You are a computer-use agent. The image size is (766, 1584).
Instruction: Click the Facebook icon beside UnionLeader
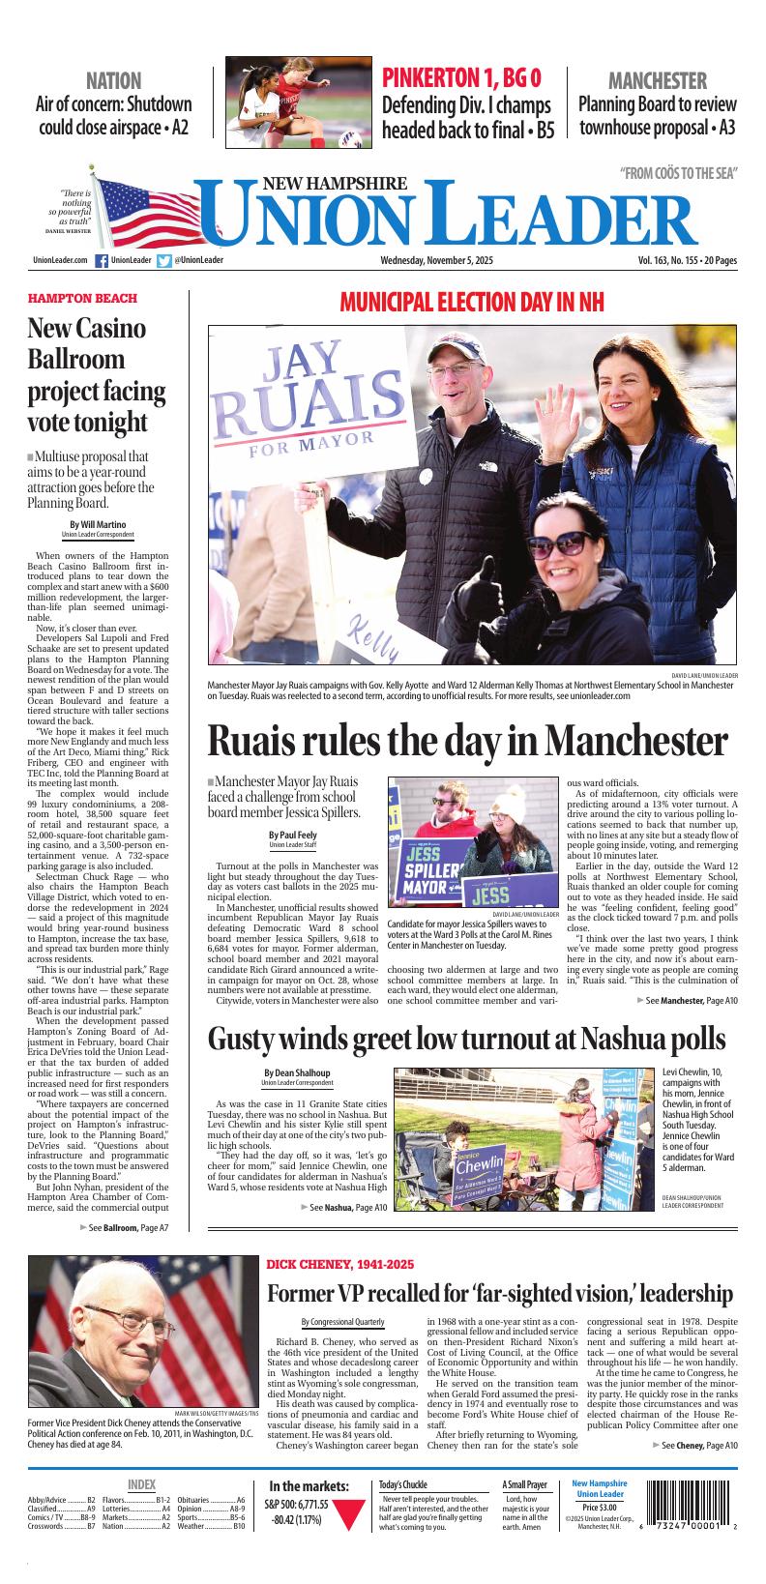[102, 260]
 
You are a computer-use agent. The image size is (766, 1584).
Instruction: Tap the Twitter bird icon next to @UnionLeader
[164, 260]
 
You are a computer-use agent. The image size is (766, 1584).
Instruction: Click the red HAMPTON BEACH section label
[82, 299]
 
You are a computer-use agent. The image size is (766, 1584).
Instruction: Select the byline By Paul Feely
[292, 835]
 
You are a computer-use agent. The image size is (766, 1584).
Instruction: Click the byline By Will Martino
[98, 524]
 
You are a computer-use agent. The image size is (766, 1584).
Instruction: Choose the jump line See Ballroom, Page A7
[129, 1227]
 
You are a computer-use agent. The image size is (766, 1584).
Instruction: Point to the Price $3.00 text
[599, 1507]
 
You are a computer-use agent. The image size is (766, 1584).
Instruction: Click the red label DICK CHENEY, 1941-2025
[339, 1265]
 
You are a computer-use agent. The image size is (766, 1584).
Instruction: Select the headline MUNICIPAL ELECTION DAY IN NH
[471, 303]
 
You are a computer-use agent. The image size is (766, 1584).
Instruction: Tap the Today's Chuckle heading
[403, 1484]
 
